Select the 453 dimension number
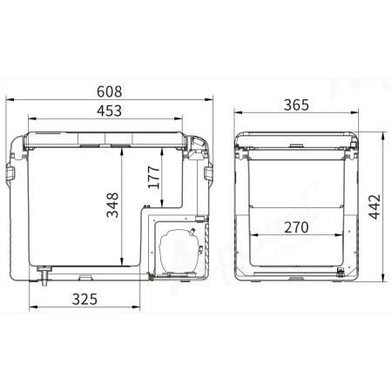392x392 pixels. (x=108, y=111)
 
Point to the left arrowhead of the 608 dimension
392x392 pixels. (x=10, y=100)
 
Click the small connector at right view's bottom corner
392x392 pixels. (x=341, y=274)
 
